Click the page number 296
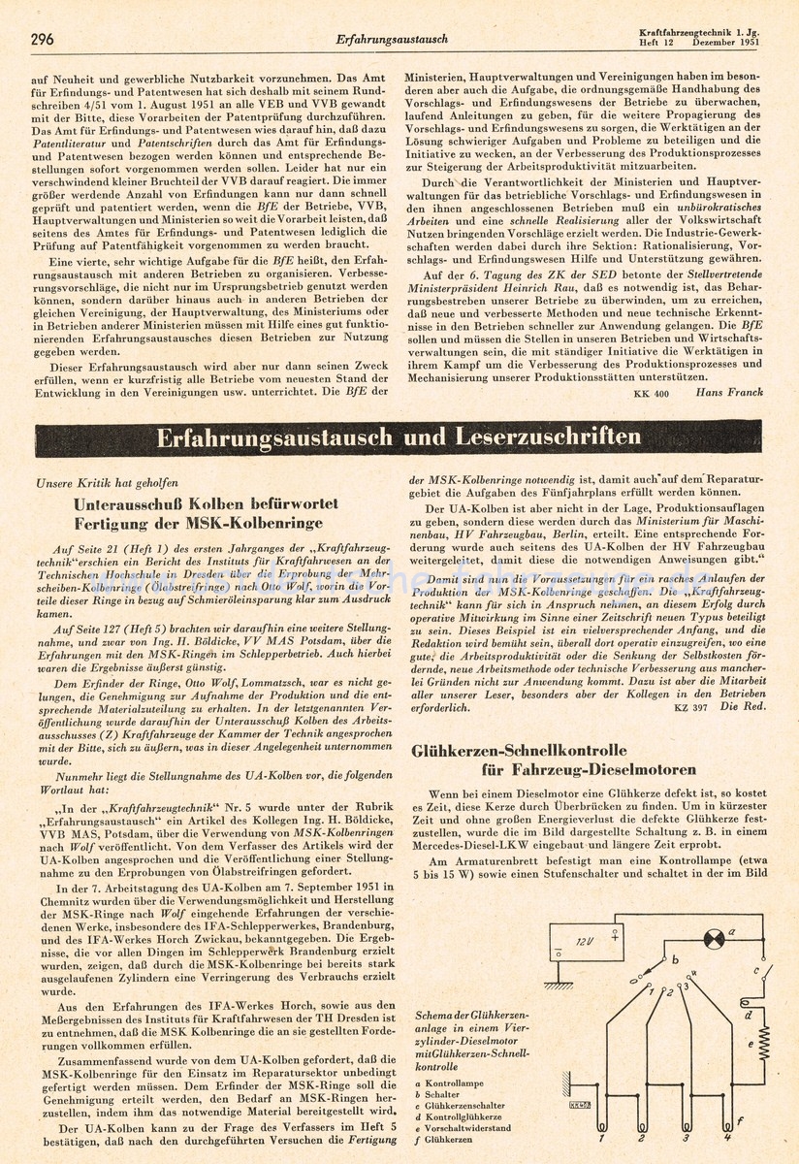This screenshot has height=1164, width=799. click(42, 39)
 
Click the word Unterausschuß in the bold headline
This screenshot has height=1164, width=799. click(132, 504)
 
